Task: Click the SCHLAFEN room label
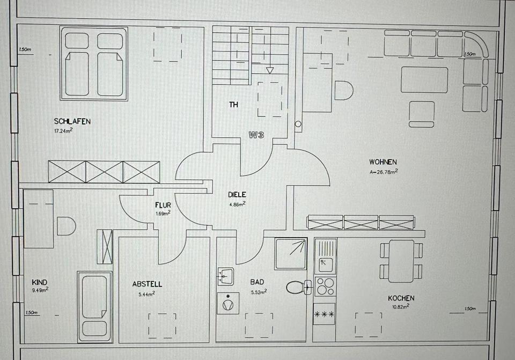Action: pyautogui.click(x=72, y=121)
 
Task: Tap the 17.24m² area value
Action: pyautogui.click(x=63, y=130)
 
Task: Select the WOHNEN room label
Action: pyautogui.click(x=382, y=162)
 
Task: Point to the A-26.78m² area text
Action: pyautogui.click(x=383, y=172)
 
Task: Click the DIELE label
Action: pyautogui.click(x=237, y=195)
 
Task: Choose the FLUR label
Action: pyautogui.click(x=163, y=204)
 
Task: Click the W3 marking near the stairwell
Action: pyautogui.click(x=256, y=135)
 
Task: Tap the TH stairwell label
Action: pyautogui.click(x=233, y=105)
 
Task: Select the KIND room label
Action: pyautogui.click(x=40, y=282)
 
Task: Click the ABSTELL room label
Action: pyautogui.click(x=147, y=284)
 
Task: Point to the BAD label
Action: pyautogui.click(x=257, y=282)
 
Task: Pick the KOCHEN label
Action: pyautogui.click(x=401, y=298)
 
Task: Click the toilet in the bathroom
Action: pyautogui.click(x=297, y=287)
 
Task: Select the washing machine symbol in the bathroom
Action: pyautogui.click(x=228, y=303)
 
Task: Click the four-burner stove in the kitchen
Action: pyautogui.click(x=325, y=286)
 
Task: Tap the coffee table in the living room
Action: pyautogui.click(x=424, y=79)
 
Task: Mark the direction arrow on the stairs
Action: pyautogui.click(x=270, y=70)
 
